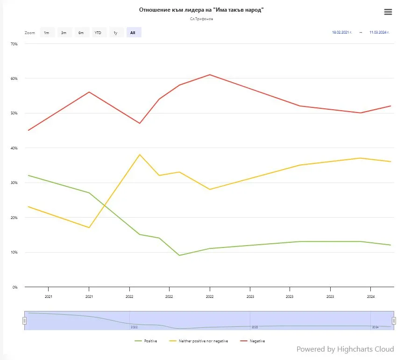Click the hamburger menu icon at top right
coord(388,12)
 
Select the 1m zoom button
coord(47,33)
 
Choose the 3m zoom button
coord(64,33)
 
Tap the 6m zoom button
coord(81,33)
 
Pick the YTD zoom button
coord(98,33)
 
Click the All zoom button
coord(133,33)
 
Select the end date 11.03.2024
coord(379,33)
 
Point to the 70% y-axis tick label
coord(14,44)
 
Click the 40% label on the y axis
coord(14,148)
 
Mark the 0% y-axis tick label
coord(15,287)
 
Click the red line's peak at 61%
coord(210,75)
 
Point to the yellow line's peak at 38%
coord(140,155)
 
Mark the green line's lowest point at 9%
coord(179,255)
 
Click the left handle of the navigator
coord(25,321)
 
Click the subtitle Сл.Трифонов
coord(202,19)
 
